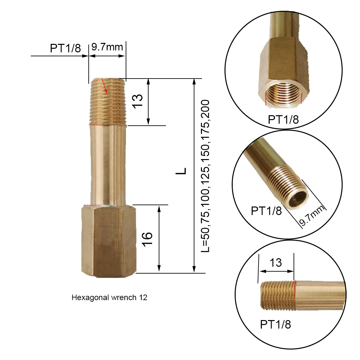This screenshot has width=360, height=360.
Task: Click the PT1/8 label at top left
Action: click(x=65, y=48)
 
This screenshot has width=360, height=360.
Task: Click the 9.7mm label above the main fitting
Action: click(x=107, y=47)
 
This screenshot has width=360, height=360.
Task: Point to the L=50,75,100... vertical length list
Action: click(x=205, y=177)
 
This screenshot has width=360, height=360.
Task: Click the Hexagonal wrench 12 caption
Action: click(x=109, y=297)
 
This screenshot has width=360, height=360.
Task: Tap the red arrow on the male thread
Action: click(x=104, y=86)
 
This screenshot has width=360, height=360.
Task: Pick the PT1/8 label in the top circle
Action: click(x=283, y=119)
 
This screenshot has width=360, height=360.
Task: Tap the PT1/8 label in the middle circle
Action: click(x=266, y=210)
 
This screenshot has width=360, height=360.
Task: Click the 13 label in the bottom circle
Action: click(x=276, y=262)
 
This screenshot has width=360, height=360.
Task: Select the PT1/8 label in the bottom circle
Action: click(x=275, y=324)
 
